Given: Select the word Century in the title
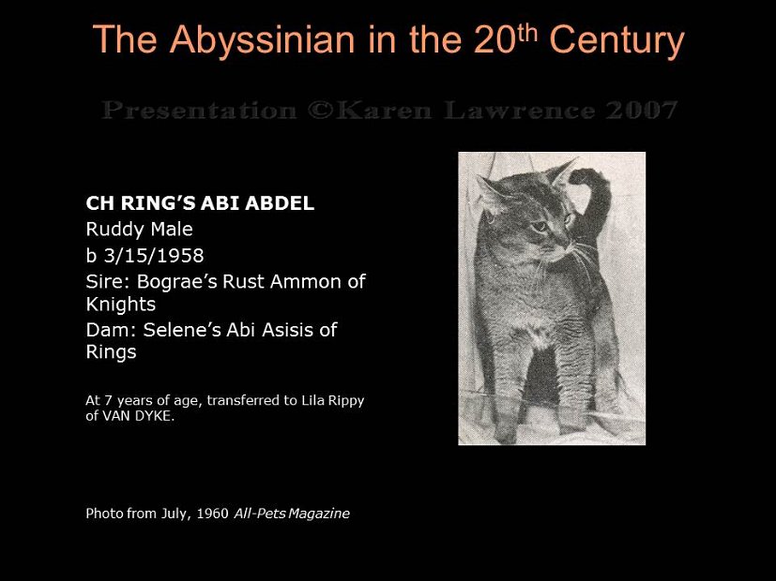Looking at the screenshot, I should coord(616,40).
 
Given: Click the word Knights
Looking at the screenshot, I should coord(120,305).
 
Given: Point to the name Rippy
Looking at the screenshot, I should coord(342,400).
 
